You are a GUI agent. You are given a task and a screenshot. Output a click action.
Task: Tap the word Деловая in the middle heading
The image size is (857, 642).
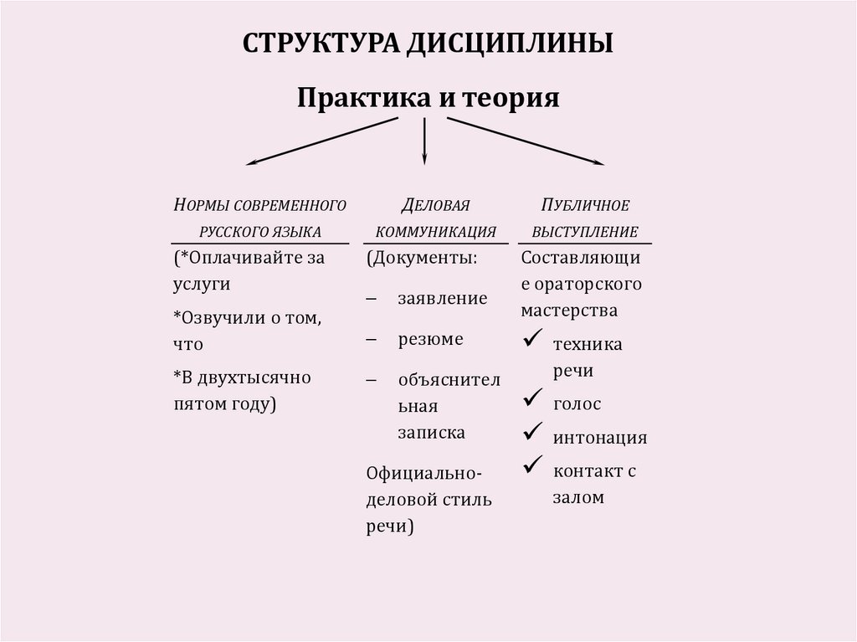434,204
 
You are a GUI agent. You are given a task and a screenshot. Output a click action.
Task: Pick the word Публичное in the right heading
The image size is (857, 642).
585,204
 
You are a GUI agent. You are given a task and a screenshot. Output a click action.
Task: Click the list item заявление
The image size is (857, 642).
443,298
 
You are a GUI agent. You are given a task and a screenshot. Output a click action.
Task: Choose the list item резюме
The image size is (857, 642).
430,340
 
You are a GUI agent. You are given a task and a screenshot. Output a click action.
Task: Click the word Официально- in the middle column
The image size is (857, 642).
423,472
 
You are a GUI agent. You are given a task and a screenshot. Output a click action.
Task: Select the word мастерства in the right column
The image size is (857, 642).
569,311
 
